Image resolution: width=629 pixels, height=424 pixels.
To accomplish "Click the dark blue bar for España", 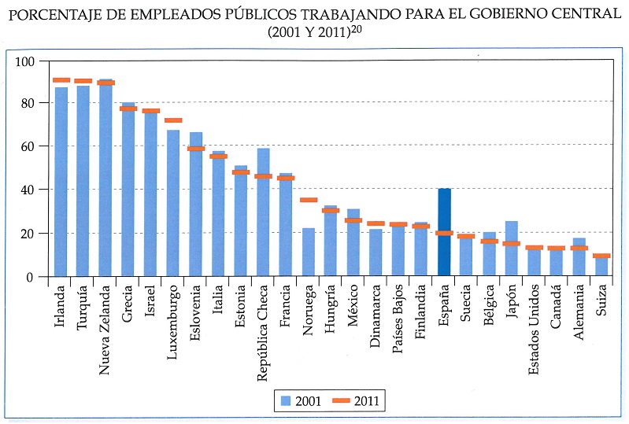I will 444,236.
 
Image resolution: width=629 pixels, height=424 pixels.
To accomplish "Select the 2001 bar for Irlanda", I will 61,181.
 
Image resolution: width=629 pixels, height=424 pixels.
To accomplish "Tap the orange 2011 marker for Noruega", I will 309,201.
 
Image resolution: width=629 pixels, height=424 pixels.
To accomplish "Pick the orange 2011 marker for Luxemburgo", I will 173,120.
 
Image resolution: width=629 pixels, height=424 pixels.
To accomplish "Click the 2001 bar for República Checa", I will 264,212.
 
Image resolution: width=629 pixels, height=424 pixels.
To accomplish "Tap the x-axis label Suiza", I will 602,304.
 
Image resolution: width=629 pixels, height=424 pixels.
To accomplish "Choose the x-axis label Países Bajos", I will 398,319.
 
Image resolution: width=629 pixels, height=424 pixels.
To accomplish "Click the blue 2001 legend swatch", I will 287,400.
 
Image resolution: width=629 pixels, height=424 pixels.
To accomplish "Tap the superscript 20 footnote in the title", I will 358,29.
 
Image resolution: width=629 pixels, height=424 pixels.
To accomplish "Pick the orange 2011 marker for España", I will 444,233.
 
